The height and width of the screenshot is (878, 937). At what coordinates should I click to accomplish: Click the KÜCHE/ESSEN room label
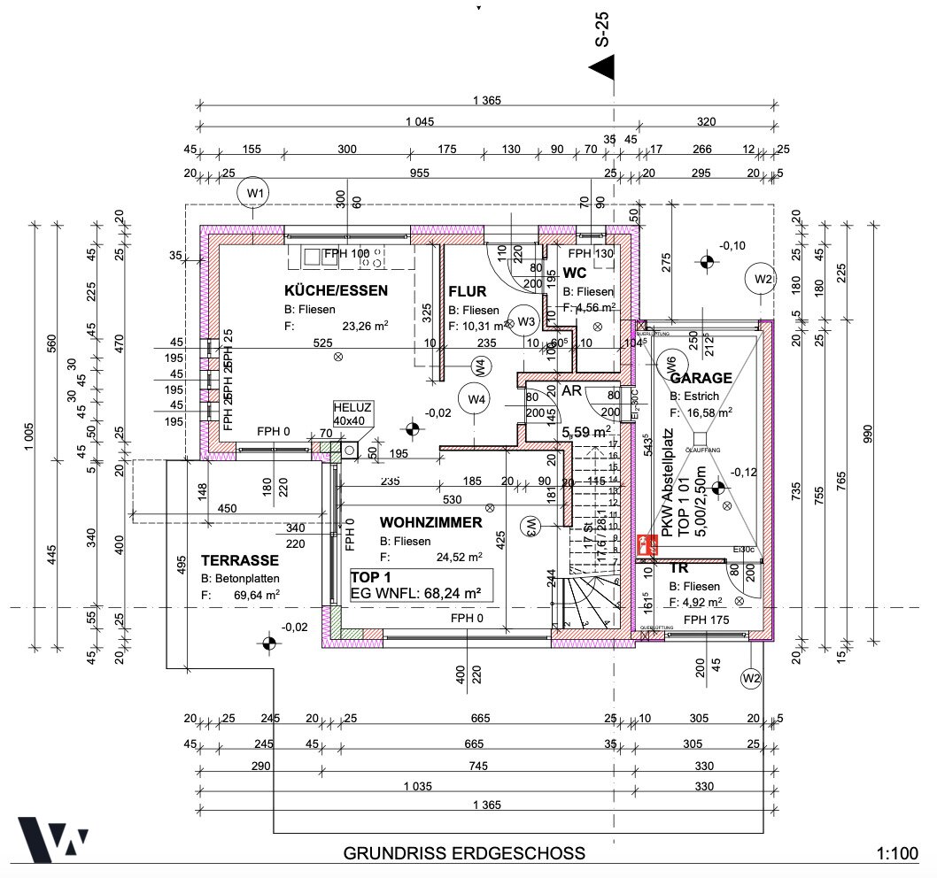[336, 290]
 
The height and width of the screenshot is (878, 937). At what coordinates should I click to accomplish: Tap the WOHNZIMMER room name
[431, 523]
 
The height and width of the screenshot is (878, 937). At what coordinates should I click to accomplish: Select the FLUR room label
[468, 291]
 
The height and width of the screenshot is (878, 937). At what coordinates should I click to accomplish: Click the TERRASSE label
[240, 560]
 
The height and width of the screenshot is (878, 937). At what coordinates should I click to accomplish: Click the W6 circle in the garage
[670, 361]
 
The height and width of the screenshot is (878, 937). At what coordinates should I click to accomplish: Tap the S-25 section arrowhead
[602, 67]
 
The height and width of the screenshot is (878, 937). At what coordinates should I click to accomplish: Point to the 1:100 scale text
[897, 854]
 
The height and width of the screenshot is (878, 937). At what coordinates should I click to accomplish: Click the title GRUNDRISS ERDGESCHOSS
[464, 854]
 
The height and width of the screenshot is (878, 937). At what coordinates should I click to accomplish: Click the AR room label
[572, 390]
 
